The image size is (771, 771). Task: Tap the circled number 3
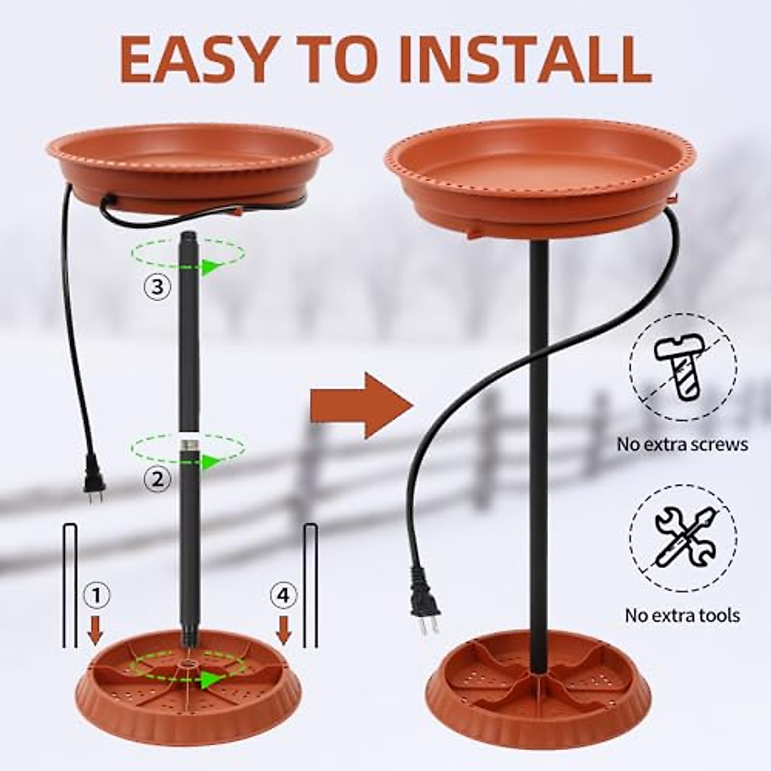(158, 285)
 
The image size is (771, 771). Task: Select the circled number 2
(158, 477)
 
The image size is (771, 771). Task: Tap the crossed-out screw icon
(683, 367)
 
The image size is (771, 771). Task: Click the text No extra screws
(682, 444)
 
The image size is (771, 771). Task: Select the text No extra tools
(682, 615)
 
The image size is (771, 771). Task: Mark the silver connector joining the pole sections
(188, 443)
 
